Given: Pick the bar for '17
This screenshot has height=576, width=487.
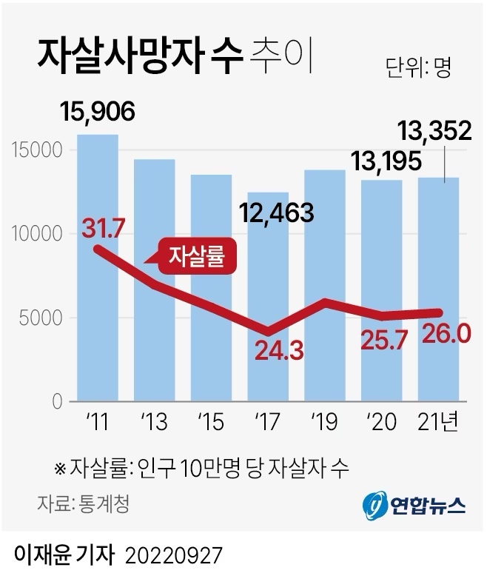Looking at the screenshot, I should pos(269,370).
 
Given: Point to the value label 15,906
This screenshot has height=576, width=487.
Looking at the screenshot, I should pos(98,113).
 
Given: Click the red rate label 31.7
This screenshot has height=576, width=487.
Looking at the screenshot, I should pos(103,228).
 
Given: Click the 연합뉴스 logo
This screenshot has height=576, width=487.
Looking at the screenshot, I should pos(414,505).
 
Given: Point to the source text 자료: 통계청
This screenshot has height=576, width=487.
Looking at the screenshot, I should pos(83,504).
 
